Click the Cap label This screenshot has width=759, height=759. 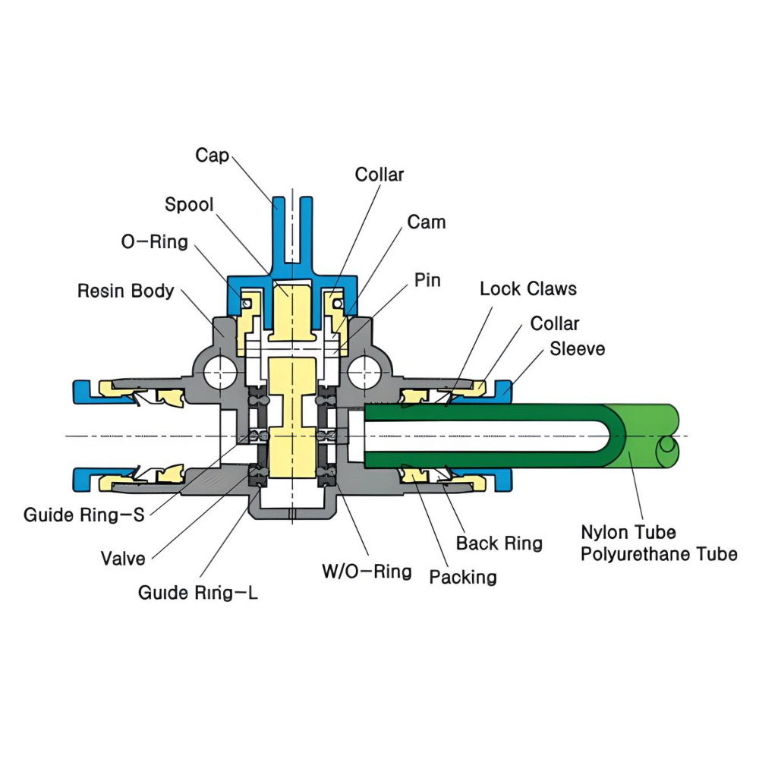pyautogui.click(x=212, y=156)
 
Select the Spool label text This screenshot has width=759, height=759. pyautogui.click(x=189, y=205)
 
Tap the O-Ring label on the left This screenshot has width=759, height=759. pyautogui.click(x=154, y=243)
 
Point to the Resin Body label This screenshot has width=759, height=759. pyautogui.click(x=126, y=291)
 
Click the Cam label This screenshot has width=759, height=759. pyautogui.click(x=427, y=222)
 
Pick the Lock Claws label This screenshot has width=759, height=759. pyautogui.click(x=528, y=289)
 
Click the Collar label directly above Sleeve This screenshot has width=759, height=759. pyautogui.click(x=554, y=324)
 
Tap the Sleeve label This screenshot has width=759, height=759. pyautogui.click(x=578, y=349)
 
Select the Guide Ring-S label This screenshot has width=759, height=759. pyautogui.click(x=84, y=515)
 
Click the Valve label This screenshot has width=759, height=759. pyautogui.click(x=123, y=559)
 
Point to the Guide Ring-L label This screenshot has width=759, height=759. pyautogui.click(x=198, y=593)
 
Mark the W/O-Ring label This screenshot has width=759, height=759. pyautogui.click(x=367, y=572)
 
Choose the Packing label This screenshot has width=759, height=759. pyautogui.click(x=463, y=578)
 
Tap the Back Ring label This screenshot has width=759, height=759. pyautogui.click(x=499, y=543)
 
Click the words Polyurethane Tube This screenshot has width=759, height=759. pyautogui.click(x=659, y=554)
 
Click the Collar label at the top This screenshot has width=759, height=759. pyautogui.click(x=379, y=175)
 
